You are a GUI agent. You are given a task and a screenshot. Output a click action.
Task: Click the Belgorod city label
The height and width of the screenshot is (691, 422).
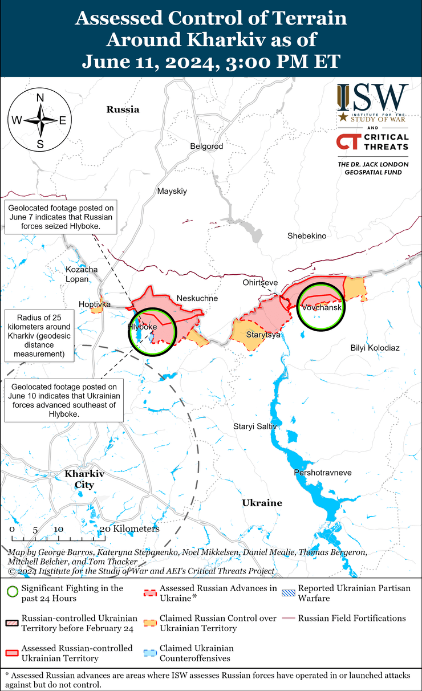coord(206,147)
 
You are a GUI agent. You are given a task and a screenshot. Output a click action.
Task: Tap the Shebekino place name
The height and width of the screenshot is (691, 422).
coord(306,235)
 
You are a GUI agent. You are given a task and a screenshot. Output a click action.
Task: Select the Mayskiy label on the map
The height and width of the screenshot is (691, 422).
coord(172,192)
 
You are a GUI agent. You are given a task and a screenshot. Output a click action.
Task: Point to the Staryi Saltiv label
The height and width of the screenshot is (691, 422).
coord(254,426)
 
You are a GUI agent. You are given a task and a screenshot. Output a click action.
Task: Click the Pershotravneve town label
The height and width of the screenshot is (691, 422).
coord(322,473)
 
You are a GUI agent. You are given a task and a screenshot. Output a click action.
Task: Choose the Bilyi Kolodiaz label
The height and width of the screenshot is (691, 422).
coord(375,348)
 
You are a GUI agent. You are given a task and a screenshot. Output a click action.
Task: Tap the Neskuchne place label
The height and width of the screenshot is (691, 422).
coord(197,298)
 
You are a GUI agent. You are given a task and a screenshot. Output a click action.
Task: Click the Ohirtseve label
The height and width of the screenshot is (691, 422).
coord(260,283)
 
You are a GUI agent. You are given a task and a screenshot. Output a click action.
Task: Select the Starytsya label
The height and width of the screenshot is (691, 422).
coord(263,335)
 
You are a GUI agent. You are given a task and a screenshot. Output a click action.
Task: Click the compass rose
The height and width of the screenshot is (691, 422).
coord(40,120)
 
